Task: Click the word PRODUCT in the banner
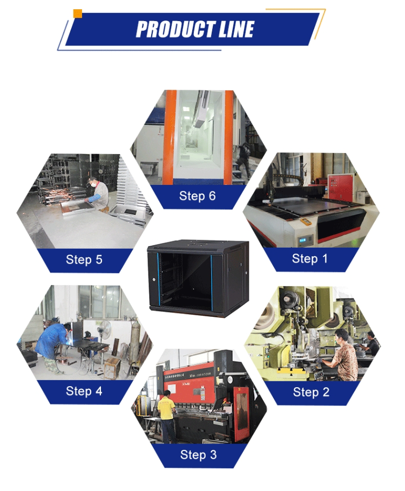173,29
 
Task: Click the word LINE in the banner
233,29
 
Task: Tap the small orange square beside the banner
78,14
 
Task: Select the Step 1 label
309,259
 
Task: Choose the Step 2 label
310,392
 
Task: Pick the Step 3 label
198,455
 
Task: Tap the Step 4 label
84,391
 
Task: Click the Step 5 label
84,260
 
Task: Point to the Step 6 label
197,196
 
